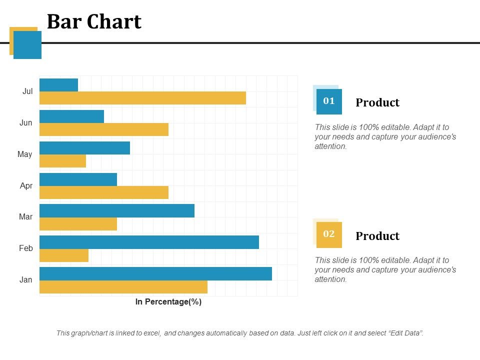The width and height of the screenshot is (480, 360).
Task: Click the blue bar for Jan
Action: tap(155, 273)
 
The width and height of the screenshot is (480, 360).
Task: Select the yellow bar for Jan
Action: tap(123, 287)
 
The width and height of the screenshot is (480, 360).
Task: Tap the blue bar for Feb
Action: tap(149, 242)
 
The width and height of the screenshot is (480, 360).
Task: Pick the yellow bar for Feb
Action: tap(64, 255)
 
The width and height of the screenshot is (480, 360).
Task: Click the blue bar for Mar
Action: tap(116, 210)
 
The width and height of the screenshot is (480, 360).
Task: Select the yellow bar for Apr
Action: tap(103, 192)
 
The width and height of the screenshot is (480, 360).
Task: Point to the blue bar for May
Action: tap(84, 148)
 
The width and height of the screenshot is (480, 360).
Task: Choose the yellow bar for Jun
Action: tap(103, 129)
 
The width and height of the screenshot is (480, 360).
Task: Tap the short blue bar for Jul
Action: tap(58, 85)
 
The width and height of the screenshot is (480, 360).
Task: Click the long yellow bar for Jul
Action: tap(142, 98)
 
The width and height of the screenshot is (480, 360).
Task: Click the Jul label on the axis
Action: tap(27, 91)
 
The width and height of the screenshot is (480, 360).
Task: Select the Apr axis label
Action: tap(26, 185)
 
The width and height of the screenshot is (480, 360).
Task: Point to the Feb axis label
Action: tap(26, 248)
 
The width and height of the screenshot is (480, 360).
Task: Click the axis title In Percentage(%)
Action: tap(168, 302)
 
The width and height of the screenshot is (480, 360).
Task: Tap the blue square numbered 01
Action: tap(329, 101)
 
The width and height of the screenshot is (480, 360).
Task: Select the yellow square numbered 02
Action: tap(329, 234)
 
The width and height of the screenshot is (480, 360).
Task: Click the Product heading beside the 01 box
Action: tap(377, 103)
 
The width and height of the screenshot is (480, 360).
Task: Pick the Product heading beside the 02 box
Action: tap(377, 236)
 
